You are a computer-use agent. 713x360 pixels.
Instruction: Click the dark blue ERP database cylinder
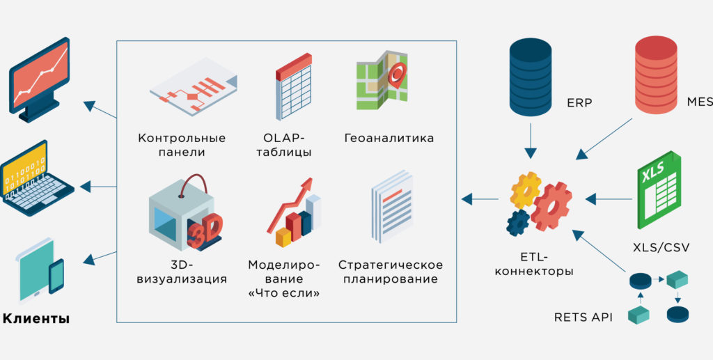(x=530, y=77)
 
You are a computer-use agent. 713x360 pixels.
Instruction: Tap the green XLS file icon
(x=659, y=190)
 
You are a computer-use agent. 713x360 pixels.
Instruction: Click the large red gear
(x=551, y=206)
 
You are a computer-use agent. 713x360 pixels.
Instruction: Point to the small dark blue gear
(x=518, y=223)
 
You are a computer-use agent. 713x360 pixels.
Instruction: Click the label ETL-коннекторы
(x=534, y=265)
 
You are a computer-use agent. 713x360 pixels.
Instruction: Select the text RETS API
(x=583, y=317)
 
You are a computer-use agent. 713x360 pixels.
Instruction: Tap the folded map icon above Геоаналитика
(x=382, y=81)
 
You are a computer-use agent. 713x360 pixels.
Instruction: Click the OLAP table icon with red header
(x=293, y=86)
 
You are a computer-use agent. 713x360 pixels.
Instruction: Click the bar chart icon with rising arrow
(x=294, y=212)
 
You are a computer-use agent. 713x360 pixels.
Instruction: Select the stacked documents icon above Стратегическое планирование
(x=391, y=206)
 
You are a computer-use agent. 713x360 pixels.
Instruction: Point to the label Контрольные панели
(x=182, y=145)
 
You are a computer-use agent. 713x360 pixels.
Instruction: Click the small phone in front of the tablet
(x=56, y=276)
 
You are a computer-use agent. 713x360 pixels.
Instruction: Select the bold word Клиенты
(x=36, y=318)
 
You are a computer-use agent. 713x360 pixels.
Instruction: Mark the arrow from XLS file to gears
(x=609, y=199)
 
